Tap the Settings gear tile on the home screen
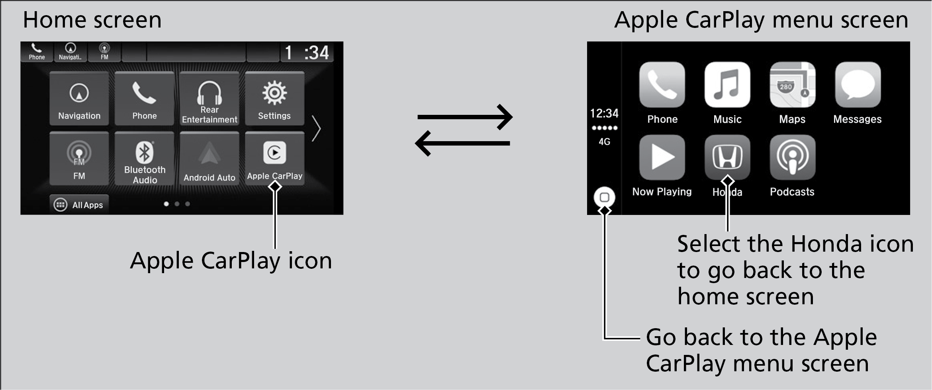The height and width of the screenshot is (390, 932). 274,98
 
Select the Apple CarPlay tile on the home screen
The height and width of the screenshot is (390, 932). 274,158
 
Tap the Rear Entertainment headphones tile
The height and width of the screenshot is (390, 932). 210,98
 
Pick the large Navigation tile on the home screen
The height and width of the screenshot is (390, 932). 79,98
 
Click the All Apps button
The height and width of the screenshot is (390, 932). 79,205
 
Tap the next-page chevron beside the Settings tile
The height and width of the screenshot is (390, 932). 316,128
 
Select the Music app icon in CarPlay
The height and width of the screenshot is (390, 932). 727,85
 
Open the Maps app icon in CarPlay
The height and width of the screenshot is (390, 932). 792,85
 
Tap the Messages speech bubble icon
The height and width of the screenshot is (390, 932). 858,85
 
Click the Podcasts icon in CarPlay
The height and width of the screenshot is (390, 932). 792,158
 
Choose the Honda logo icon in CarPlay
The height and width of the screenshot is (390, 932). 727,157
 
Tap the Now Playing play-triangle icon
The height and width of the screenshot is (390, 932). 662,158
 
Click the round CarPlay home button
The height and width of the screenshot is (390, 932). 604,197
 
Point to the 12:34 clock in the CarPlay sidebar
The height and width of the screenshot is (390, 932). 604,114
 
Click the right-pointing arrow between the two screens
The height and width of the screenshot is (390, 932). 465,117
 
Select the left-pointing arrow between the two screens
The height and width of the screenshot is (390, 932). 462,143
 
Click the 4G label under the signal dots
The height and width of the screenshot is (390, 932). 604,142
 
